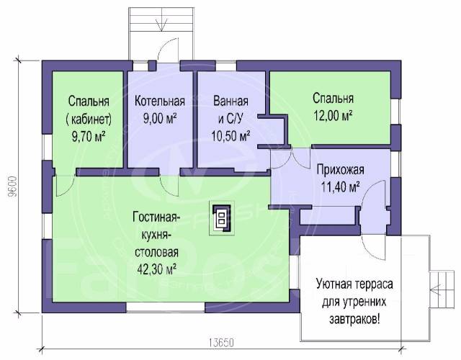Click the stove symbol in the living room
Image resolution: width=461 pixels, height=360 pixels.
pyautogui.click(x=223, y=219)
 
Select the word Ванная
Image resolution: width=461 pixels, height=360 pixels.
pyautogui.click(x=231, y=101)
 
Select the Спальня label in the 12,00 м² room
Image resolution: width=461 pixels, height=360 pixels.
pyautogui.click(x=332, y=99)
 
